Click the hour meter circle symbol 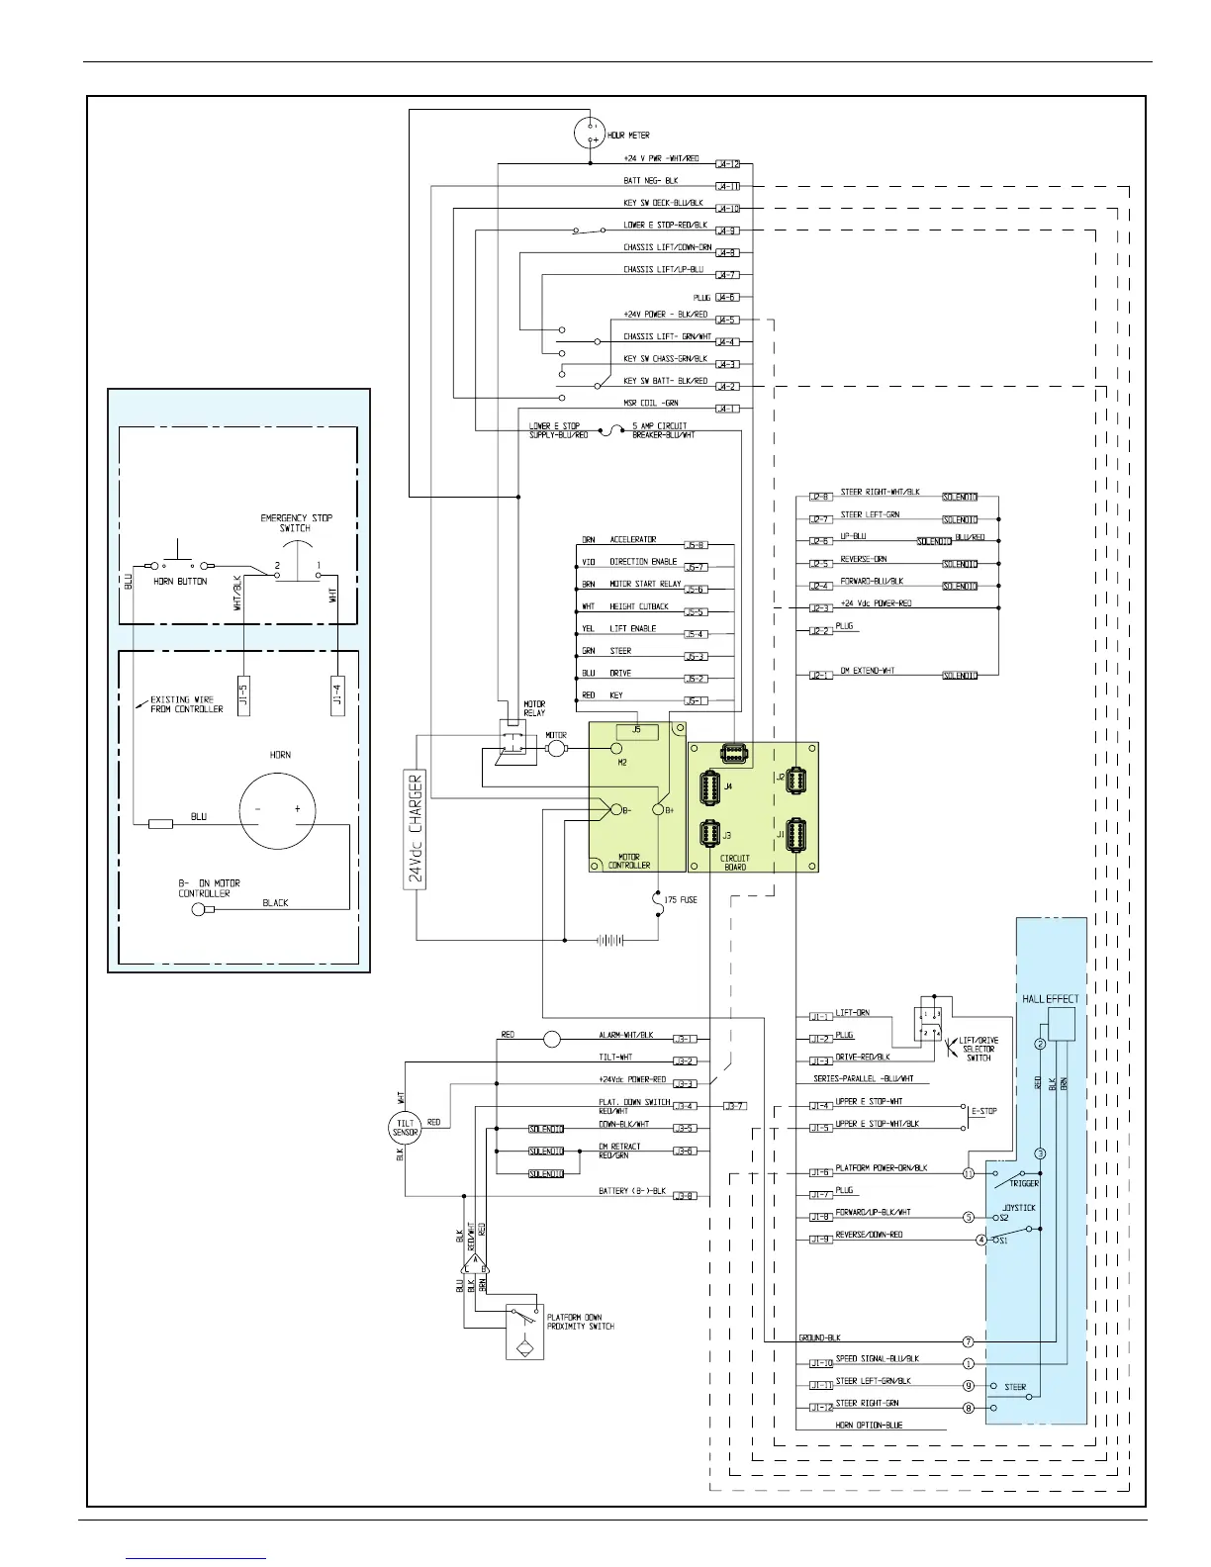pos(589,133)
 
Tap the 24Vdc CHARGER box pos(416,829)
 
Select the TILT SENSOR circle pos(405,1129)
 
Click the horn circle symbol pos(279,810)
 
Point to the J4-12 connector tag pos(727,164)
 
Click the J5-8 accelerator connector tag pos(697,545)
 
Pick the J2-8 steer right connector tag pos(819,497)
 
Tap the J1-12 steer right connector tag pos(820,1408)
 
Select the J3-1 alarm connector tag pos(685,1039)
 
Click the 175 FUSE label pos(681,900)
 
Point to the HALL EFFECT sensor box pos(1062,1024)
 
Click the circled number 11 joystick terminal pos(969,1173)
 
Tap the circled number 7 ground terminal pos(969,1342)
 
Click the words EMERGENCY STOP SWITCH pos(296,522)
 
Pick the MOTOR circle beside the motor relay pos(556,749)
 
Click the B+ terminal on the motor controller pos(658,810)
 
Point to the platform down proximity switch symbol pos(524,1332)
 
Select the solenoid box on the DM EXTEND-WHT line pos(960,676)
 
